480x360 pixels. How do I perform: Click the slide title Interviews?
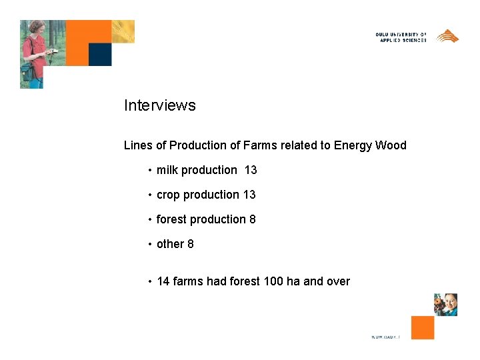[160, 105]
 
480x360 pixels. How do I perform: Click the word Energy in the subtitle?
[353, 146]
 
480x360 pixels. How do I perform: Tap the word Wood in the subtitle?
[391, 145]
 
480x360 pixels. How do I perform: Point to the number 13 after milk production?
[251, 170]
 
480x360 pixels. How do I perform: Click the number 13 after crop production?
[249, 195]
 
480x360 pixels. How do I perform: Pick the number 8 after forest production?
[253, 219]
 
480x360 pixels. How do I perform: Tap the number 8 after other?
[191, 244]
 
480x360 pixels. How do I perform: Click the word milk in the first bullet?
[167, 170]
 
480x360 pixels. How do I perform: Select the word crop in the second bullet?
[168, 195]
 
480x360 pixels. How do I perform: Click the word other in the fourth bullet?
[170, 244]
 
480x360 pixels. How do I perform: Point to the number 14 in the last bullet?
[163, 281]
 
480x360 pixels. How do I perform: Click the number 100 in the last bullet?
[273, 281]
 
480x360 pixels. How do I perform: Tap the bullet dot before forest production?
[151, 220]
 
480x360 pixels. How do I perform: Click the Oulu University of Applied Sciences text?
[401, 37]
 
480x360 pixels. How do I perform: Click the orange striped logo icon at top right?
[447, 36]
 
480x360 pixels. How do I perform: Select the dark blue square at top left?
[100, 55]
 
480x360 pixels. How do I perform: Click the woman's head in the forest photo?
[36, 28]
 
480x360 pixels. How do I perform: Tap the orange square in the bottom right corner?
[423, 327]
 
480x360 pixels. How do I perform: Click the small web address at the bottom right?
[385, 337]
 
